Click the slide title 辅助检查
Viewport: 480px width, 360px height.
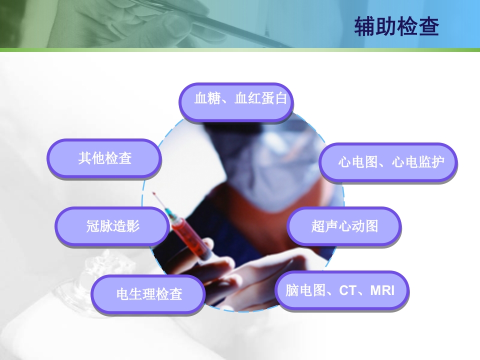396,27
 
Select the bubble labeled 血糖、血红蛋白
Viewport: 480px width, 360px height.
236,102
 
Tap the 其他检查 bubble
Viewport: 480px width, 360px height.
104,158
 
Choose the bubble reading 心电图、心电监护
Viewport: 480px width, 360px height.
388,162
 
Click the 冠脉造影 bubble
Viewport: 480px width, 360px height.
112,226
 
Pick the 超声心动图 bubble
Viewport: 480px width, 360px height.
344,226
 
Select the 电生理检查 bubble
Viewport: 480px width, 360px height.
148,294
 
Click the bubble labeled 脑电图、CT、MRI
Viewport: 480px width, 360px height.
342,290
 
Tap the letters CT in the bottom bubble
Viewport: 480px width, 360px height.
347,290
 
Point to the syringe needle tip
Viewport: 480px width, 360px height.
154,193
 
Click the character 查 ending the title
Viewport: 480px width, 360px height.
428,27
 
